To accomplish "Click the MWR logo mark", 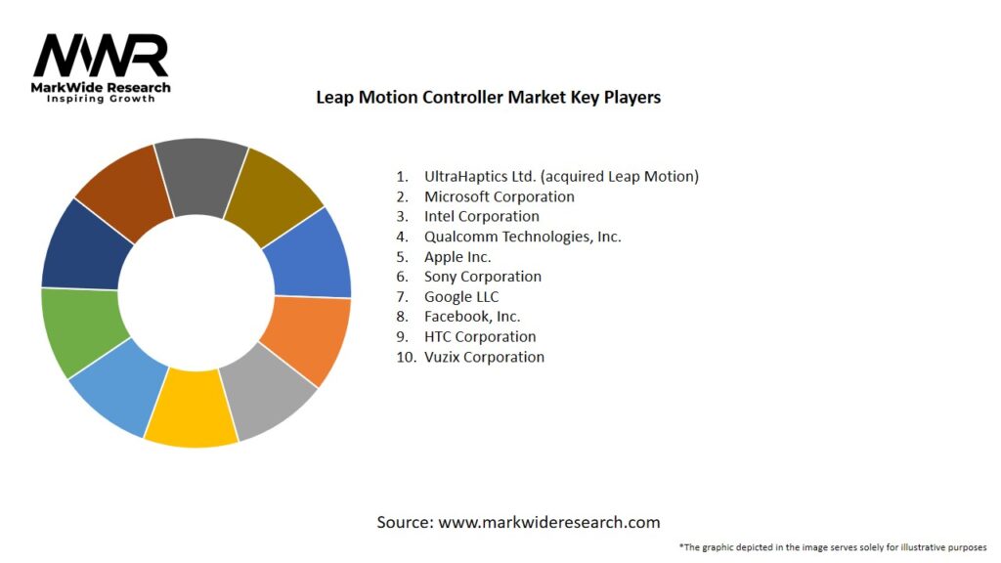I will click(x=101, y=56).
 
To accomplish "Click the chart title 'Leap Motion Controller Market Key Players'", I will click(x=488, y=97).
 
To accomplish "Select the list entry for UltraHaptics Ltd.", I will click(x=561, y=177).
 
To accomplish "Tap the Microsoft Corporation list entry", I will click(x=499, y=196).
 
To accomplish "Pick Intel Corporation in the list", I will click(x=481, y=216).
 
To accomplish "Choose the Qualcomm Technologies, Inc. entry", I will click(x=522, y=237).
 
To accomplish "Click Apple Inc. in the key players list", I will click(x=457, y=257).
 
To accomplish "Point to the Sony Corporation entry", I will click(x=482, y=277).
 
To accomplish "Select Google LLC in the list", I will click(x=461, y=297).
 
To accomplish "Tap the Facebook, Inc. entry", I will click(x=472, y=317).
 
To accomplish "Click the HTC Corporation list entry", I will click(x=480, y=337).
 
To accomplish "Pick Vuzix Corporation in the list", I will click(x=484, y=357).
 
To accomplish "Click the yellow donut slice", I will click(x=191, y=409).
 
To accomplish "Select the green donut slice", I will click(x=81, y=331).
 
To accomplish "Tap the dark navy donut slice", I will click(x=85, y=245).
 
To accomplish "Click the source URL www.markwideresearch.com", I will click(x=548, y=522).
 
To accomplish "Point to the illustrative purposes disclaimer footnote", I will click(x=832, y=547).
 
